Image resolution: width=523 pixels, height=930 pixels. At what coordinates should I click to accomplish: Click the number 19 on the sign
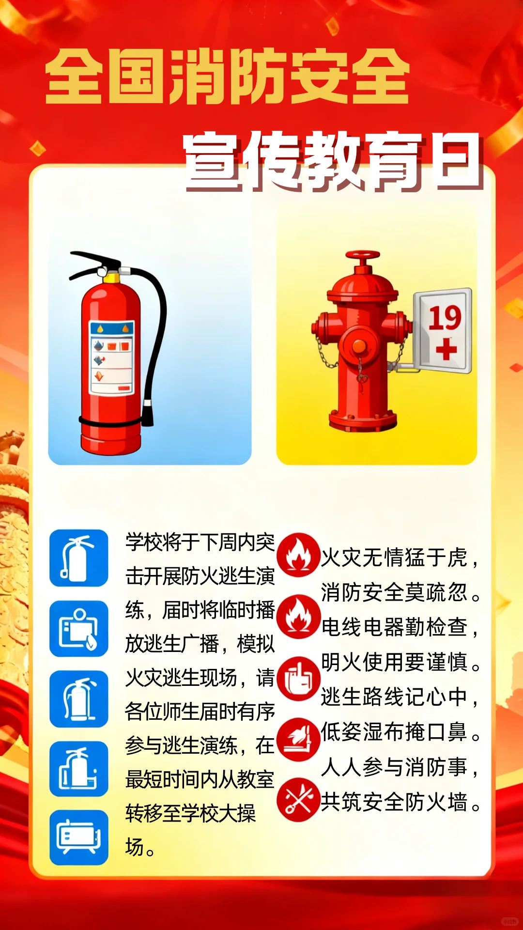(x=445, y=318)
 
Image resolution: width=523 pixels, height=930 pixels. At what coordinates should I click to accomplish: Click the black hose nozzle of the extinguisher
(x=147, y=414)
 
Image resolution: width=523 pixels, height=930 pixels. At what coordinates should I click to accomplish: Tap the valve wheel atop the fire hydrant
(x=363, y=255)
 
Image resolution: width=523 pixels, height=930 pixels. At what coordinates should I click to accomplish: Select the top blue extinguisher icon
(x=79, y=558)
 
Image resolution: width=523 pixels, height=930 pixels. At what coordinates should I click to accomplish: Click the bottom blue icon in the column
(x=79, y=837)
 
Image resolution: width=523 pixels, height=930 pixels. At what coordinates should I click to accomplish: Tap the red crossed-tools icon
(x=298, y=800)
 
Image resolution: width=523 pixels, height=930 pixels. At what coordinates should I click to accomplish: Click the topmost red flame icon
(x=298, y=555)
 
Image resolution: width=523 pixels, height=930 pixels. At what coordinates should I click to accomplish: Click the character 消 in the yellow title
(x=199, y=77)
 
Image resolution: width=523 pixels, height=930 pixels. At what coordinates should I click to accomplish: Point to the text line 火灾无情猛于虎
(x=394, y=558)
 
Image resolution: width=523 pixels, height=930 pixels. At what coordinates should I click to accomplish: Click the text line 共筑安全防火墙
(x=394, y=802)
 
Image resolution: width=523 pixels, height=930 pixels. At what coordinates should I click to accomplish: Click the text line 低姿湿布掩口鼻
(x=394, y=732)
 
